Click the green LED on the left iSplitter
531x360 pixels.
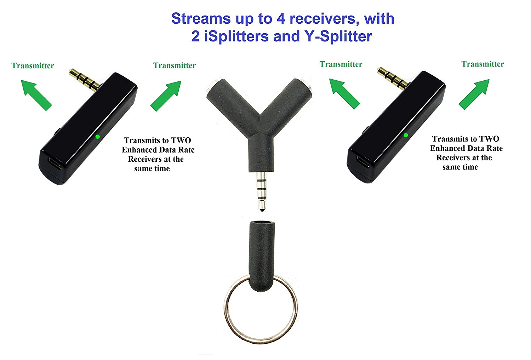click(98, 136)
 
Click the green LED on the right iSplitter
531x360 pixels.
click(406, 135)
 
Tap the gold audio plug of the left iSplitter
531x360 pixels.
click(84, 79)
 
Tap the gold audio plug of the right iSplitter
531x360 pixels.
click(392, 78)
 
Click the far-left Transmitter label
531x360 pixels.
click(33, 65)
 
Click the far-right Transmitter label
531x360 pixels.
click(483, 64)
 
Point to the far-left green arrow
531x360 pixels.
click(36, 95)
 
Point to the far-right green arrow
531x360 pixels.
click(474, 94)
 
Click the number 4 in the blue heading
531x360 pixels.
click(281, 19)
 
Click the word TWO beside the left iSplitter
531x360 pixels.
click(181, 141)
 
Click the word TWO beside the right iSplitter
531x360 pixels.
click(489, 139)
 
